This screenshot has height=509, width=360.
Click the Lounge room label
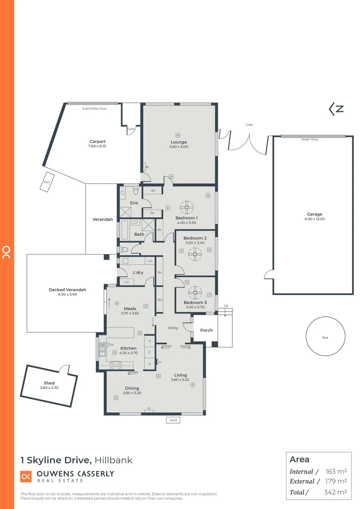point(179,142)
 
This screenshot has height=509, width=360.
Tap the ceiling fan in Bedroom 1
point(187,206)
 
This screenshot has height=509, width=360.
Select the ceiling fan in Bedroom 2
point(195,254)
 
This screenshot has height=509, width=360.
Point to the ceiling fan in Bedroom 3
point(195,292)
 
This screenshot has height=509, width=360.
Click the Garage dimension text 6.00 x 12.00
point(315,219)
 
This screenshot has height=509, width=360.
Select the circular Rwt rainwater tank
point(325,337)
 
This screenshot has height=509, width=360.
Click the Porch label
point(206,330)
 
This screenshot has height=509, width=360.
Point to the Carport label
point(98,141)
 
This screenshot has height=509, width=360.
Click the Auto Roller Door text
point(95,108)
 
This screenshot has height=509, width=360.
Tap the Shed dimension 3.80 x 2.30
point(49,387)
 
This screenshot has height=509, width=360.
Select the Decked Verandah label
point(67,290)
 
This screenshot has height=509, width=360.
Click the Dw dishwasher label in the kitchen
point(111,345)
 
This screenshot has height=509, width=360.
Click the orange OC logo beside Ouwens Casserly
point(26,476)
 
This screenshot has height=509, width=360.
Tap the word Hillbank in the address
point(114,460)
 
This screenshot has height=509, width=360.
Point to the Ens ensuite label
point(134,203)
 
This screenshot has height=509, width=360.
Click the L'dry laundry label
point(138,272)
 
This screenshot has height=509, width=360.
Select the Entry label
point(173,328)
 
